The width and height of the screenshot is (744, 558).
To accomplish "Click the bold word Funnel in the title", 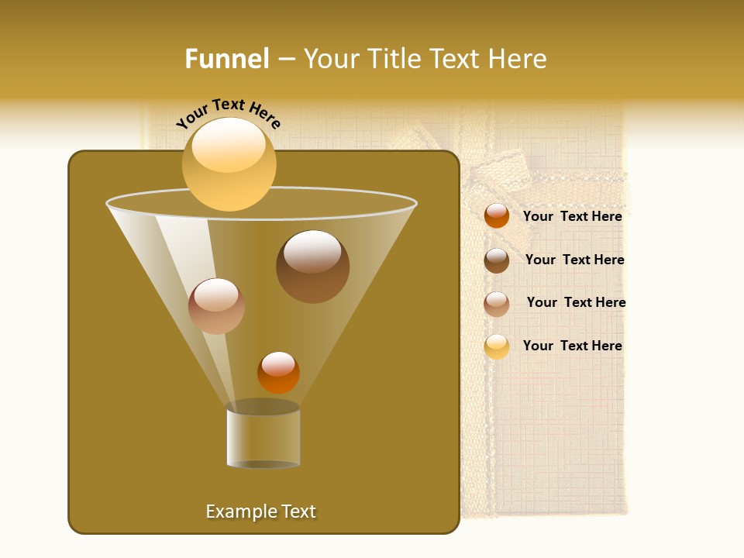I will pos(227,59).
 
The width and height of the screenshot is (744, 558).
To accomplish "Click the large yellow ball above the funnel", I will pos(229,164).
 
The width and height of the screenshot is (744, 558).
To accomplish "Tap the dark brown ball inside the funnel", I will pos(312,267).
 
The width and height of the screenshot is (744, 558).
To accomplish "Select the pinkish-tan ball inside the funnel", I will pos(216,306).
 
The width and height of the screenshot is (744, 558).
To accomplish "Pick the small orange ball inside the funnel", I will pos(278,373).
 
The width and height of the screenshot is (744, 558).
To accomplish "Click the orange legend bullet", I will pos(497,216).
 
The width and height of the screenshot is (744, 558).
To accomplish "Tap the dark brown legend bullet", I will pos(497,260).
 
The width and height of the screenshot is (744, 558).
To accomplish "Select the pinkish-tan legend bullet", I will pos(497,304).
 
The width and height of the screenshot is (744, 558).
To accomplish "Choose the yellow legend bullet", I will pos(497,346).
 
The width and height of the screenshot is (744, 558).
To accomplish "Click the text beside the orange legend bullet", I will pos(572,216).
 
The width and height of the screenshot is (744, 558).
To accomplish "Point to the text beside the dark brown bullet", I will pos(574,260).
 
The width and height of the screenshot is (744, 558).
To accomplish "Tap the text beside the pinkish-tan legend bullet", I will pos(576,302).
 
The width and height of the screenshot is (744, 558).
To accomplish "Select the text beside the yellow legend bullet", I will pos(572,346).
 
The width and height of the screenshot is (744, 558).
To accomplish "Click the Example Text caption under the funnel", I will pos(260,511).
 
